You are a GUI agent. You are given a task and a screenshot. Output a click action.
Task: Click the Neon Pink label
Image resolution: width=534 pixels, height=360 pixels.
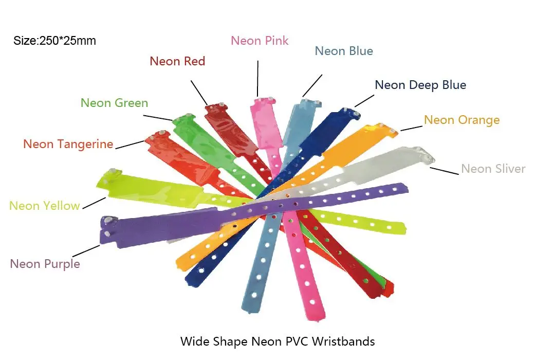(260, 41)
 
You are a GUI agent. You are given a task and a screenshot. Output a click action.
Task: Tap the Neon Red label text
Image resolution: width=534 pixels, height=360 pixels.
(177, 61)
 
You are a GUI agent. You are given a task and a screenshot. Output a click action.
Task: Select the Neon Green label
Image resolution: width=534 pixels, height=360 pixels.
(114, 103)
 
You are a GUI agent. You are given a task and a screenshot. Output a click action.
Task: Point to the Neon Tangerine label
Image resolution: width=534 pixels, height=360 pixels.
(68, 144)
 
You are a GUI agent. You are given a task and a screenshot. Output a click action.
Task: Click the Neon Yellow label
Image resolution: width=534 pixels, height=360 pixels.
(45, 206)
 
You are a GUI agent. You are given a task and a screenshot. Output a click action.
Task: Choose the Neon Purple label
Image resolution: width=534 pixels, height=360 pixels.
(45, 264)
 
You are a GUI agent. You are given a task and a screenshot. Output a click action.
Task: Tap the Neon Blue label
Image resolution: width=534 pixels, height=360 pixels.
(344, 51)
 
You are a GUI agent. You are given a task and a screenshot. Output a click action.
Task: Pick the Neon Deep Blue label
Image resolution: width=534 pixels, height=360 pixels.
(420, 85)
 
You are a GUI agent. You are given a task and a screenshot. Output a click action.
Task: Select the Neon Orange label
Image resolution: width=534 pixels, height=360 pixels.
(462, 120)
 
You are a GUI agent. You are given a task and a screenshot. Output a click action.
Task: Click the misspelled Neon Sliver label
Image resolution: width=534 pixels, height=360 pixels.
(493, 169)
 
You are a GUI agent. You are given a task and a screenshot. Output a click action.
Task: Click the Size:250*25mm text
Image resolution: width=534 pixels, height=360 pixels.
(54, 41)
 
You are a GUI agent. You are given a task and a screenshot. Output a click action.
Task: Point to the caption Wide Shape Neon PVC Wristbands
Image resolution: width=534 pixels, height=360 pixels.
(277, 341)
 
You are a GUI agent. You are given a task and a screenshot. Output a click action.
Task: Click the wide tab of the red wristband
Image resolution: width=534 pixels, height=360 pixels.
(226, 129)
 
